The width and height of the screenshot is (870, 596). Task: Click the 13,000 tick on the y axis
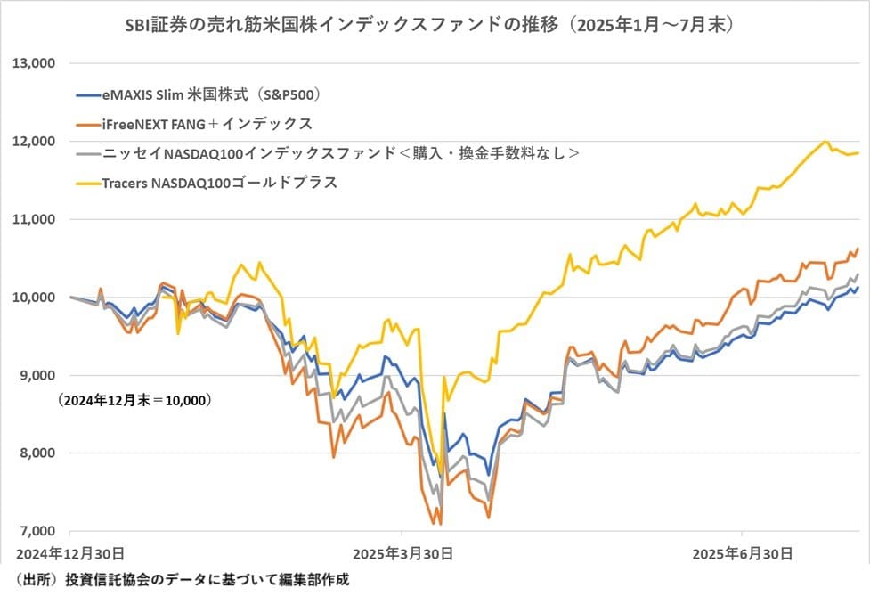pos(33,63)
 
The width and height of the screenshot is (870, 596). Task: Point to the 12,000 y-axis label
pos(33,142)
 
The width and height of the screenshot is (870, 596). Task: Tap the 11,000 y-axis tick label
pos(33,219)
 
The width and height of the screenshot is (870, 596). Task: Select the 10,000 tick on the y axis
pos(33,298)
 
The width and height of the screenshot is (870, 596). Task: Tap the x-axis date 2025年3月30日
pos(403,553)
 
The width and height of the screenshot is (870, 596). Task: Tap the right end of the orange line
pos(857,249)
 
